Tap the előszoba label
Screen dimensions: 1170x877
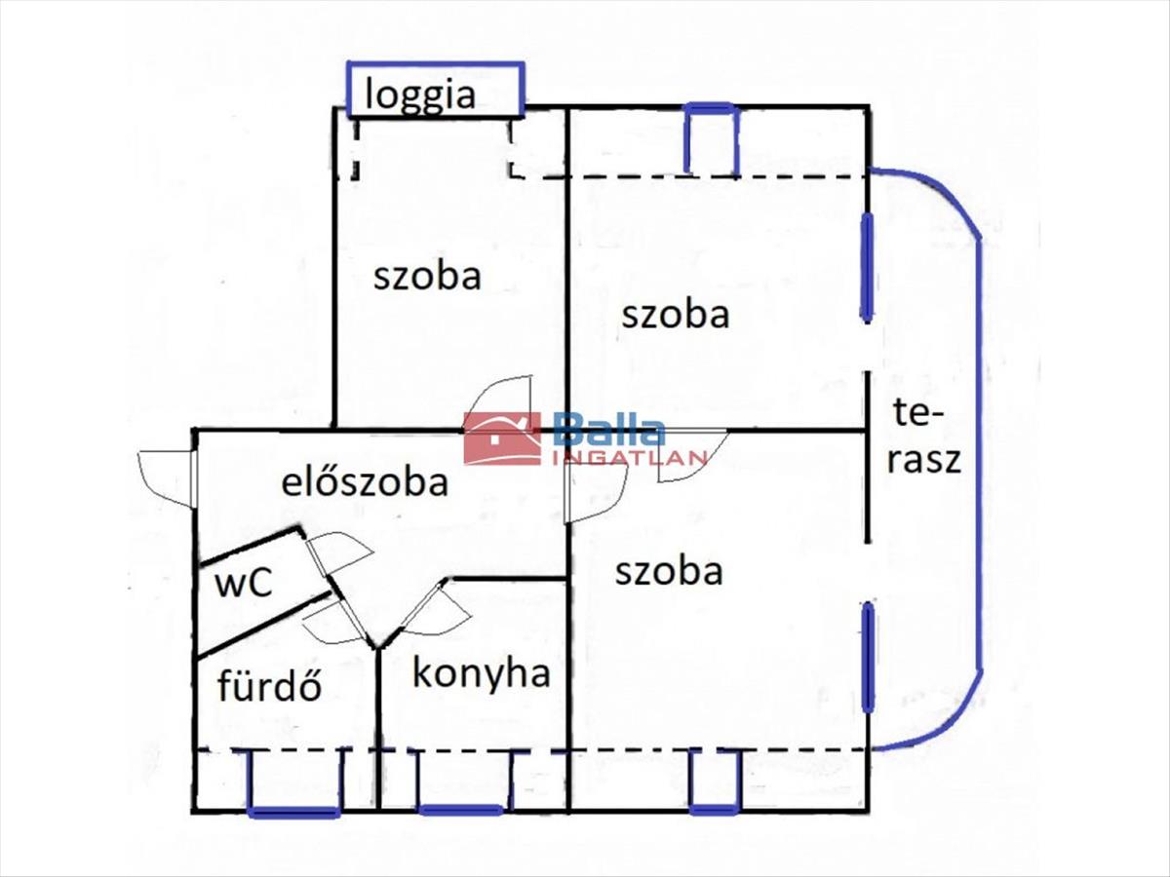pos(365,482)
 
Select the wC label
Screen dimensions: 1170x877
pos(244,582)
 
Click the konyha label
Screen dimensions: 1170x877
pos(482,674)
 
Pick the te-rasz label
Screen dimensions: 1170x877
pos(924,438)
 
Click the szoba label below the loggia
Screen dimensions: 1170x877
pos(427,277)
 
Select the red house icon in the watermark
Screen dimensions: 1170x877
pos(501,438)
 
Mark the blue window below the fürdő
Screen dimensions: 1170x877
pos(293,782)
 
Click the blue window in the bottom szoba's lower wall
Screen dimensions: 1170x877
pos(716,782)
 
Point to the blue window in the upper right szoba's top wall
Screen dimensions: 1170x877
pos(711,139)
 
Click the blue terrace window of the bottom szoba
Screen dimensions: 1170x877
pos(869,657)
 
